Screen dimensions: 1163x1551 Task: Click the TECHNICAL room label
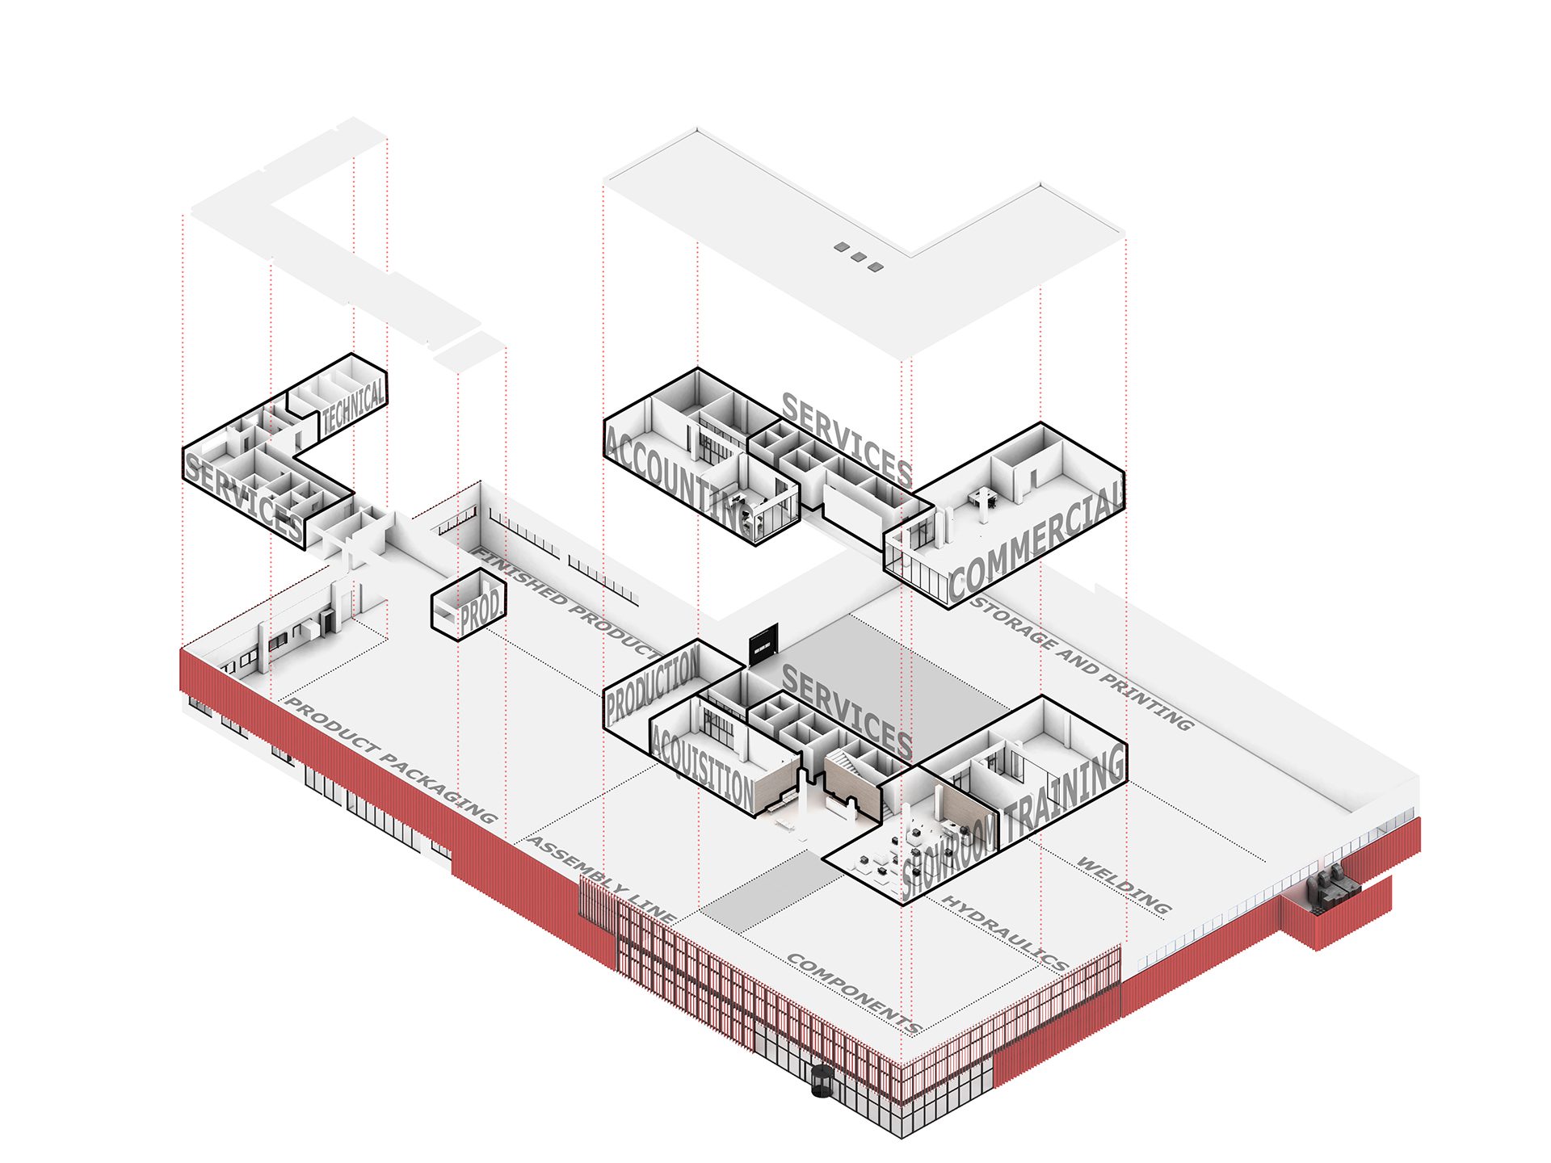coord(354,406)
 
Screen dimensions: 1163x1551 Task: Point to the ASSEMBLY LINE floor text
coord(602,880)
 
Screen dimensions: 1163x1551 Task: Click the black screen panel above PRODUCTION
coord(763,644)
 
